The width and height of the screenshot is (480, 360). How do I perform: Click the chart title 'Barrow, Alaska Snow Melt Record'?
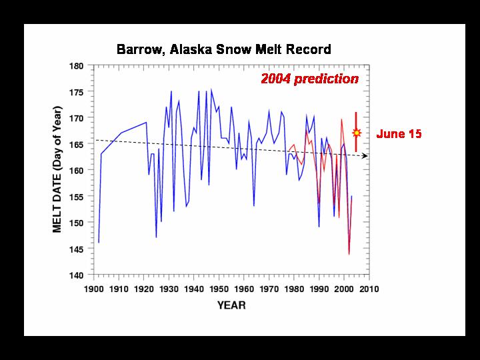coord(224,49)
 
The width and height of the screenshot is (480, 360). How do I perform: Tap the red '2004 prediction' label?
coord(309,79)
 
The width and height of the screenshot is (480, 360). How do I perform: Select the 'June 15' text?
coord(399,134)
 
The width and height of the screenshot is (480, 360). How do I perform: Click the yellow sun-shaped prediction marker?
coord(356,133)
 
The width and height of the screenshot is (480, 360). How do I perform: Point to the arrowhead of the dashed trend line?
coord(365,156)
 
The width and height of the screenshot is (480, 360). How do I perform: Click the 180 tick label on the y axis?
coord(77,66)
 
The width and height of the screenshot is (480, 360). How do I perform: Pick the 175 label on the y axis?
coord(77,92)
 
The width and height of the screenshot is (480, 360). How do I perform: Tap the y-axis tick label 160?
coord(77,171)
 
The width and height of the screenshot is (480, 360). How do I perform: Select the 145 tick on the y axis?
coord(77,249)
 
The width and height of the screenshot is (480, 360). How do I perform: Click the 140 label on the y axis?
coord(77,275)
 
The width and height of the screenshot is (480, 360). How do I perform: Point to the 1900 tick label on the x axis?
coord(94,289)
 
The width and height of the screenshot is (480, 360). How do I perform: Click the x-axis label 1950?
coord(219,289)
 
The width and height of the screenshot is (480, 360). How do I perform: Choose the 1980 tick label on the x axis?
coord(294,289)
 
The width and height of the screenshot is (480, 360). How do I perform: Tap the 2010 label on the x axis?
coord(369,289)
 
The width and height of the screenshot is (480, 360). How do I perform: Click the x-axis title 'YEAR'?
coord(231,305)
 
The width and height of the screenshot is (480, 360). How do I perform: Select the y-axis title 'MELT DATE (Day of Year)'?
coord(57,169)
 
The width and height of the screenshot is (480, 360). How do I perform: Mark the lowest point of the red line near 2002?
coord(349,254)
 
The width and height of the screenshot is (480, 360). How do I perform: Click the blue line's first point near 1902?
coord(99,243)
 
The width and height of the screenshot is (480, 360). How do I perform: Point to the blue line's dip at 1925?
coord(156,237)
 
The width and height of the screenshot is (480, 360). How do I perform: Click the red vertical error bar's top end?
coord(356,113)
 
